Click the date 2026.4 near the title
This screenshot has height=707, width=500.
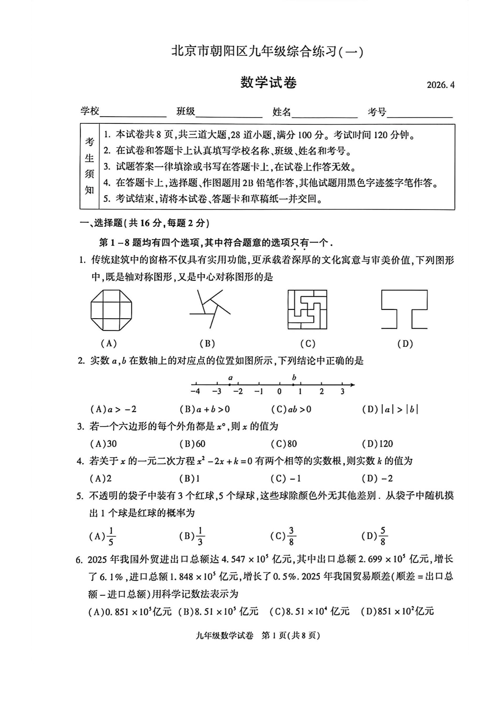(440, 85)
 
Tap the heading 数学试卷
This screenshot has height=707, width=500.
(268, 82)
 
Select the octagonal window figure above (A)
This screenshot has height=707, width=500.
(111, 310)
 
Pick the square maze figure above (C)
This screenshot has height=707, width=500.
(307, 309)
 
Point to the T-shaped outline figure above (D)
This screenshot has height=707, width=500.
(404, 309)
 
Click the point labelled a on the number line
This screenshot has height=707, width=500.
(230, 384)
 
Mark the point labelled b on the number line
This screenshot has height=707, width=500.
(294, 384)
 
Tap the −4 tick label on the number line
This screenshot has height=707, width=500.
(195, 392)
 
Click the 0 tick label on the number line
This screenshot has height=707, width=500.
(279, 392)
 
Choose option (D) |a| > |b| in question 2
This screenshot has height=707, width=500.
(390, 409)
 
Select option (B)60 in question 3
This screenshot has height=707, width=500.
(192, 443)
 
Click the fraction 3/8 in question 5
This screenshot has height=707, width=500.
(291, 536)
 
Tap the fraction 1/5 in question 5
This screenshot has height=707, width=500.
(111, 536)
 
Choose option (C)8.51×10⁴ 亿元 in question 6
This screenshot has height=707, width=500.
(310, 611)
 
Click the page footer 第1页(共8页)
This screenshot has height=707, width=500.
(291, 635)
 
